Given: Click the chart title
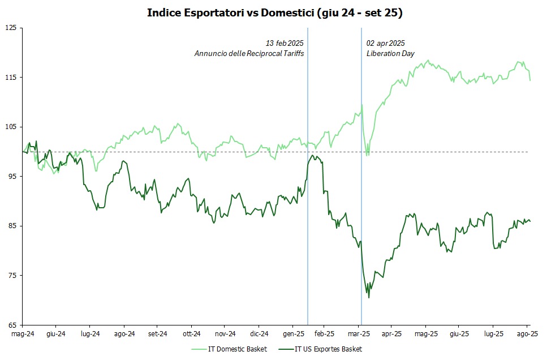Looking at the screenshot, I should pos(275,13).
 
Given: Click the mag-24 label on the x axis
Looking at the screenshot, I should pos(23,335).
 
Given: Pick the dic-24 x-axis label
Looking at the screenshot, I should pos(259,335).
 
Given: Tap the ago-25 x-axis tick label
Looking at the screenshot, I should pos(527,335).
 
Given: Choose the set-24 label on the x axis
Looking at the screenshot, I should pos(157,335).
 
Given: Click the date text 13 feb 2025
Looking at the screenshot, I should pos(285,43).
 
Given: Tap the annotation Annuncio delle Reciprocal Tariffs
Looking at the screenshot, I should pos(249,53).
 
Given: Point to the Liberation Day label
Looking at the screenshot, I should pos(390,53).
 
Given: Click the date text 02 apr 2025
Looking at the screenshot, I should pos(386,43).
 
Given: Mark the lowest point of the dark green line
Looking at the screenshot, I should pos(369,298).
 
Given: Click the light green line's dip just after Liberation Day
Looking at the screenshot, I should pos(368,155).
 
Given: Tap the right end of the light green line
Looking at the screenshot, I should pos(530,80).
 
